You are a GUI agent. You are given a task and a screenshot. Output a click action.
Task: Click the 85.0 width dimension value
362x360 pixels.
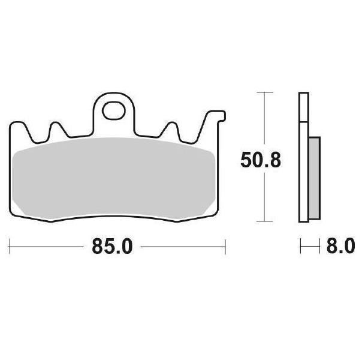click(x=113, y=247)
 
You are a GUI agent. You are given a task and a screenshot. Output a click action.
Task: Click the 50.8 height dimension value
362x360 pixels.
click(x=261, y=160)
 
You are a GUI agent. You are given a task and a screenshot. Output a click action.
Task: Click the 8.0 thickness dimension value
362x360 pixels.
click(x=340, y=247)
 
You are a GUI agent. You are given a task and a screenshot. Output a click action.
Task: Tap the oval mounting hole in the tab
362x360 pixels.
click(x=114, y=111)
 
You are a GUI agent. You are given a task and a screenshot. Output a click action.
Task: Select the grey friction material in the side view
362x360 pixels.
click(x=314, y=178)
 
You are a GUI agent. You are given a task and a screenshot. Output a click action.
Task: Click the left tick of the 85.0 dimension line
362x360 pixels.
click(x=9, y=247)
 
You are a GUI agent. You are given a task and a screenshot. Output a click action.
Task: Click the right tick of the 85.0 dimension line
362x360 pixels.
click(x=225, y=247)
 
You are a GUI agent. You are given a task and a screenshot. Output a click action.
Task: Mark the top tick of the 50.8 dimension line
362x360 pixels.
click(x=265, y=92)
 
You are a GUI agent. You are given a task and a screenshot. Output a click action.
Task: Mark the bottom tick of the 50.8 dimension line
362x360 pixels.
click(x=265, y=221)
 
